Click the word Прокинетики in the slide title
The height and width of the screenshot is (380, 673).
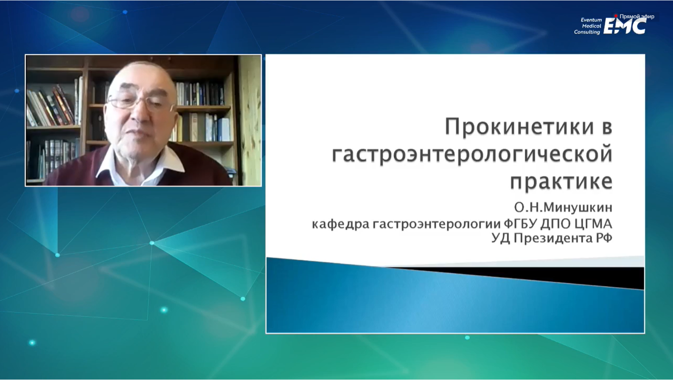pyautogui.click(x=519, y=126)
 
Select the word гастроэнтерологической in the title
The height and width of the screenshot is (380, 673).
pyautogui.click(x=472, y=155)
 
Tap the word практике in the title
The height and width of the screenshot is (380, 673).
pyautogui.click(x=561, y=182)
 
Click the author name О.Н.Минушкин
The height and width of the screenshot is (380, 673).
pyautogui.click(x=563, y=208)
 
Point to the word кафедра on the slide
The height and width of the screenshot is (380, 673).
pyautogui.click(x=340, y=224)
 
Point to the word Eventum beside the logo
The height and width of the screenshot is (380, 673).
pyautogui.click(x=591, y=20)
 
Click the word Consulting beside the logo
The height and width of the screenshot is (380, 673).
pyautogui.click(x=587, y=32)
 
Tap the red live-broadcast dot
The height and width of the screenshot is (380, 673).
pyautogui.click(x=616, y=16)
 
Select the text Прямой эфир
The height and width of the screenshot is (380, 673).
pyautogui.click(x=637, y=17)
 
